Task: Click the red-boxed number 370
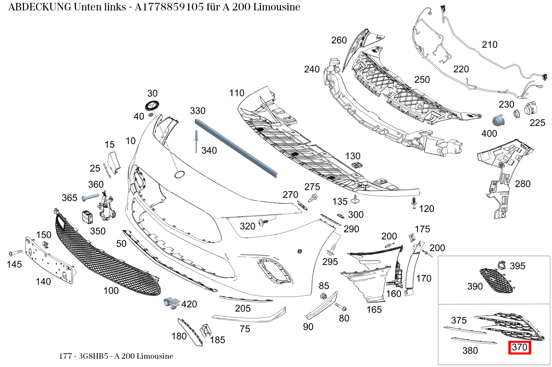519,347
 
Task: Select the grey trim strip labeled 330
236,148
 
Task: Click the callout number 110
236,93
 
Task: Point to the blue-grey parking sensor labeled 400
498,121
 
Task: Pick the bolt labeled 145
15,253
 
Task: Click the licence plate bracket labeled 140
50,260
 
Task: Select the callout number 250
422,80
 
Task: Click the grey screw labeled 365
90,197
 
